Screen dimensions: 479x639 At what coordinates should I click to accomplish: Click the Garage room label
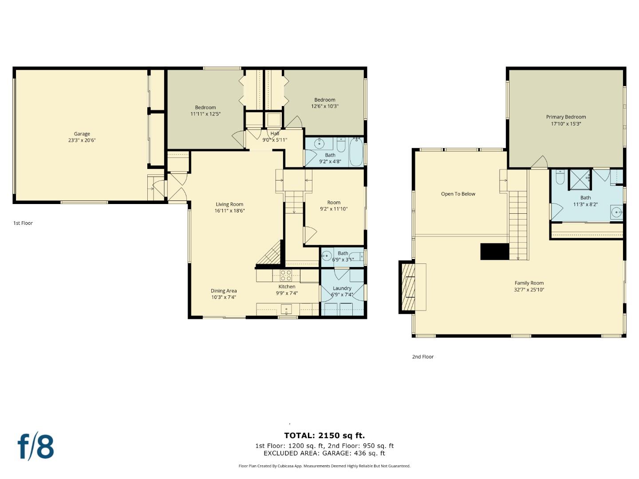tap(82, 134)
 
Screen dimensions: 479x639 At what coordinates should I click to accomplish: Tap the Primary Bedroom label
tap(566, 117)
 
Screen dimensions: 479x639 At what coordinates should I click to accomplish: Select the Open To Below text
tap(458, 194)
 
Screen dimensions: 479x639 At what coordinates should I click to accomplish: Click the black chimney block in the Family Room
tap(494, 251)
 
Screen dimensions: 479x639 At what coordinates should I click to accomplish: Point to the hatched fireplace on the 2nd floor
tap(408, 287)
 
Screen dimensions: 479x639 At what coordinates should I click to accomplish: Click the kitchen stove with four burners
tap(286, 275)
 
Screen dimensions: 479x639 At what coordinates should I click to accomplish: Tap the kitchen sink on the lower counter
tap(286, 309)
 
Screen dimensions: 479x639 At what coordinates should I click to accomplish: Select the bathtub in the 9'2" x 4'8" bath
tap(356, 152)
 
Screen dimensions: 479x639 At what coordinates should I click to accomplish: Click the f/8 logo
tap(35, 447)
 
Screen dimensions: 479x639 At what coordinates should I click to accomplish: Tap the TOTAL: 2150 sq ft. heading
tap(324, 436)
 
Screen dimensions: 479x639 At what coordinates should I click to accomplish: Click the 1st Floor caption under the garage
tap(23, 223)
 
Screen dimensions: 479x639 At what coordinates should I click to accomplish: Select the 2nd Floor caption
tap(422, 357)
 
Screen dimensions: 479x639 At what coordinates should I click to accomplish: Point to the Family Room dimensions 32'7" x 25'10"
tap(529, 290)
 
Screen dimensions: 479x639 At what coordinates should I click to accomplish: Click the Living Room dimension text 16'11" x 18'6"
tap(229, 211)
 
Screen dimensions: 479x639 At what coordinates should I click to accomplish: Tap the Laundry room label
tap(342, 288)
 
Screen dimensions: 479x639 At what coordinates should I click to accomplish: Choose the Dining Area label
tap(224, 291)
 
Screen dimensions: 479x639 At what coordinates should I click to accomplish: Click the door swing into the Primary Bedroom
tap(540, 163)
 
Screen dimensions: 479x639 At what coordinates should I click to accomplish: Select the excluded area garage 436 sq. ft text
tap(324, 453)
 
